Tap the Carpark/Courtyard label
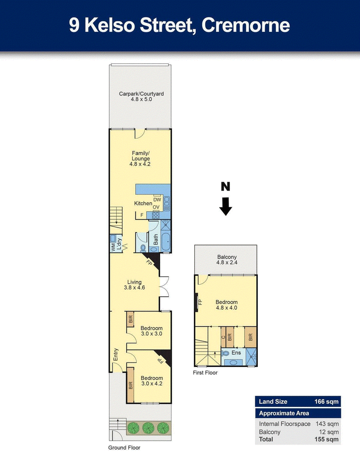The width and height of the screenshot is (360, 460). [141, 97]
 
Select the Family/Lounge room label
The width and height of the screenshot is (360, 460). [141, 159]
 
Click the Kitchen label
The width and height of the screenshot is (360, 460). [143, 204]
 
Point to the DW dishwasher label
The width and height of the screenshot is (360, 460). [157, 200]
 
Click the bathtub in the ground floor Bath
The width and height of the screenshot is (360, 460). [165, 241]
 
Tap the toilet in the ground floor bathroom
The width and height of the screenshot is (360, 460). [143, 247]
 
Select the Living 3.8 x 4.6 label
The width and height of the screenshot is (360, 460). [134, 285]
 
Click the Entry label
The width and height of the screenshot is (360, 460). [116, 354]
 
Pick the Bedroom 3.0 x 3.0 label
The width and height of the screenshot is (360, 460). [152, 331]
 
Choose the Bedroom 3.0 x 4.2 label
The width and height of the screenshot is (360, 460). [152, 381]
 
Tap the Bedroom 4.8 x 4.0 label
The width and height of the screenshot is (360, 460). [226, 305]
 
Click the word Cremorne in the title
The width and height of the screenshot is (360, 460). [246, 25]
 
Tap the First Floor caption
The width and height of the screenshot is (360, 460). [206, 373]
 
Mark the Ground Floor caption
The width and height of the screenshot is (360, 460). [124, 447]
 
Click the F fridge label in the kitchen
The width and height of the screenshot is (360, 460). [142, 215]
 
